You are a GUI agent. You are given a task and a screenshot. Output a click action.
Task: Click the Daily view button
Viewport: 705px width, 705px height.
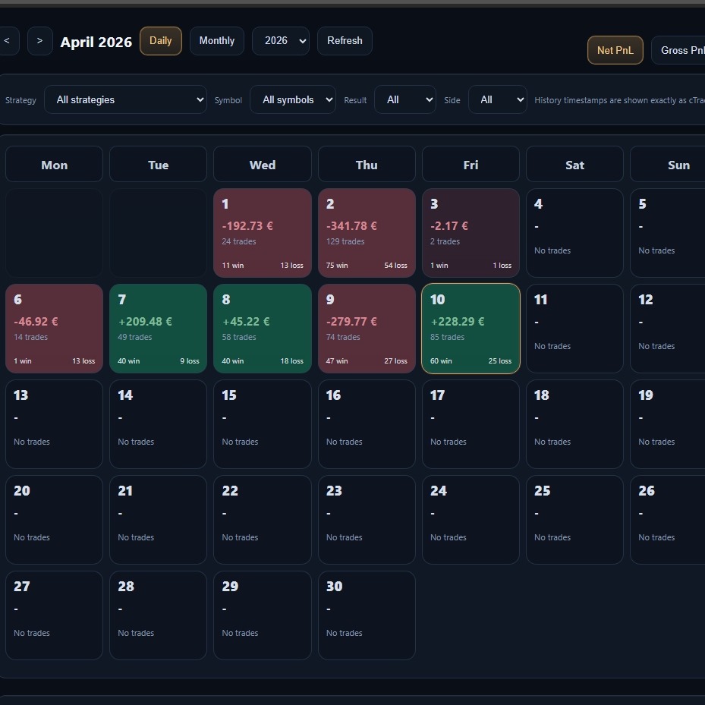[161, 41]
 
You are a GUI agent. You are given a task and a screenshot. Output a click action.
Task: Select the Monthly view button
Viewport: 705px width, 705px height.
[217, 41]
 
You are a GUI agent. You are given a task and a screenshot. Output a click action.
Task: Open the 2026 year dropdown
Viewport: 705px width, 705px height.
[280, 41]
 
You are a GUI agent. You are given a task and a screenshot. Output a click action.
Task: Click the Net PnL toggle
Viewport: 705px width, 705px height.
[615, 50]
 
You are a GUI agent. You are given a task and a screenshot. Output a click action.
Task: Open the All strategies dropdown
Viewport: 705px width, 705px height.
[125, 99]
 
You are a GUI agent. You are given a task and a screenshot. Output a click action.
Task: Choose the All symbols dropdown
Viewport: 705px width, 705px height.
[292, 99]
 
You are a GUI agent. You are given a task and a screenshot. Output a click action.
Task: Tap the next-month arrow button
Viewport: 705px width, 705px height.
[40, 41]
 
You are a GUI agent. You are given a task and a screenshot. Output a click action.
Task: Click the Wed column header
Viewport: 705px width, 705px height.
[263, 165]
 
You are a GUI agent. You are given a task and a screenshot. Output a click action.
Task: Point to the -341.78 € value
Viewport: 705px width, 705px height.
[351, 226]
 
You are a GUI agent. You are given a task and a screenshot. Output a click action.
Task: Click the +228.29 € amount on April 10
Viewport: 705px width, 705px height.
[458, 322]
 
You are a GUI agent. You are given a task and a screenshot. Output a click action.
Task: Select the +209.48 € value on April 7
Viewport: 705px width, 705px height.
[145, 322]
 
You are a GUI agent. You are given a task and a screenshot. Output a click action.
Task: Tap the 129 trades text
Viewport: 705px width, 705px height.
[345, 241]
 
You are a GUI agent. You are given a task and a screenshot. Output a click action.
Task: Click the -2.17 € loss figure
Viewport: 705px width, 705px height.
[449, 226]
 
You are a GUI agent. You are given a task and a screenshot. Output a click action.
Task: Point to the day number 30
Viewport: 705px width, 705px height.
[334, 587]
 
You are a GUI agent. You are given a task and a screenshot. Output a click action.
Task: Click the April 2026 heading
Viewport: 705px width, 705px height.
[96, 42]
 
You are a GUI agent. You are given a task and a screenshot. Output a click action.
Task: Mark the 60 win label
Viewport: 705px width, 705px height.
[441, 361]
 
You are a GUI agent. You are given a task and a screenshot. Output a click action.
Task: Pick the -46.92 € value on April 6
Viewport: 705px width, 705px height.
[36, 322]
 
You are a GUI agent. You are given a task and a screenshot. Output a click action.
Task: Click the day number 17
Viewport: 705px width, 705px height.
[437, 395]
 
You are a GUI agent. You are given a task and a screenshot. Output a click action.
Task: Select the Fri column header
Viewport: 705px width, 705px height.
[471, 165]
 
